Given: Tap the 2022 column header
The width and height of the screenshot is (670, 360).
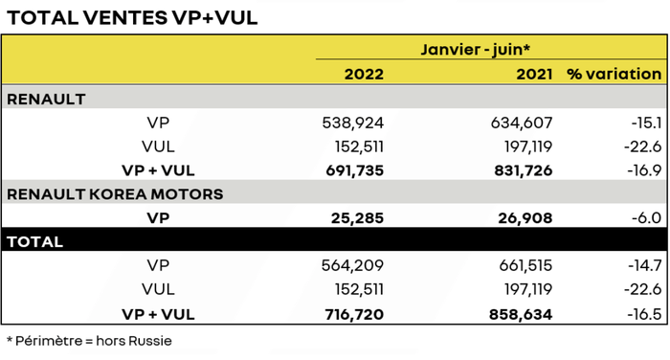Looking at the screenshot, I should pyautogui.click(x=363, y=74).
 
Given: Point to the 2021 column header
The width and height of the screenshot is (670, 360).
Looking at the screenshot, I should pyautogui.click(x=533, y=74).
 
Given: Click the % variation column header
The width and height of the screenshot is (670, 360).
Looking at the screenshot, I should pyautogui.click(x=614, y=74).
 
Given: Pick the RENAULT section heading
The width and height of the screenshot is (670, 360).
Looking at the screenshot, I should pyautogui.click(x=46, y=99).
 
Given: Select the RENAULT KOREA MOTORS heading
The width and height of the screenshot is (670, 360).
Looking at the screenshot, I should pyautogui.click(x=115, y=194).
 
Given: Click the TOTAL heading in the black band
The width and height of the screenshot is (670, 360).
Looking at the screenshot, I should pyautogui.click(x=34, y=242).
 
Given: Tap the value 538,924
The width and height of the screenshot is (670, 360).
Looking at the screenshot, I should pyautogui.click(x=354, y=123).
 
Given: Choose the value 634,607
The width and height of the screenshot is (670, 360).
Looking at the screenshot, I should pyautogui.click(x=523, y=123).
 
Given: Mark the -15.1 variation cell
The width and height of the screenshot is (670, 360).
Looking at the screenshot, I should pyautogui.click(x=644, y=123).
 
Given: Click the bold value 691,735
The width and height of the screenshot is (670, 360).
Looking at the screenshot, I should pyautogui.click(x=354, y=170).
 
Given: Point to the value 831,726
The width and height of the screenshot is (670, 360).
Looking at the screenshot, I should pyautogui.click(x=523, y=170).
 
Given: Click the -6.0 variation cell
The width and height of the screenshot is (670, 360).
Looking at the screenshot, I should pyautogui.click(x=646, y=218).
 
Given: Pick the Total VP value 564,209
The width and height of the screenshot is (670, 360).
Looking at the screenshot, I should pyautogui.click(x=354, y=266).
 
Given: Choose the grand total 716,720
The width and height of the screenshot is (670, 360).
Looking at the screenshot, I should pyautogui.click(x=354, y=314).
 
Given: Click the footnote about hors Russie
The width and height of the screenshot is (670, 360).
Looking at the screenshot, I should pyautogui.click(x=89, y=341).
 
